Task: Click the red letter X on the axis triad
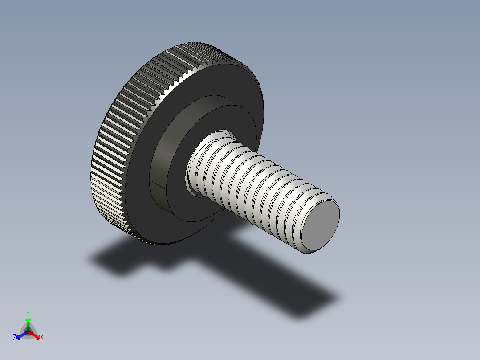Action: (x=41, y=338)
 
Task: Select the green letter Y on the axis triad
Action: (x=28, y=313)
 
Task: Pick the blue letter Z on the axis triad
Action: (x=15, y=338)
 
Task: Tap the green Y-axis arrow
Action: (x=28, y=322)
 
